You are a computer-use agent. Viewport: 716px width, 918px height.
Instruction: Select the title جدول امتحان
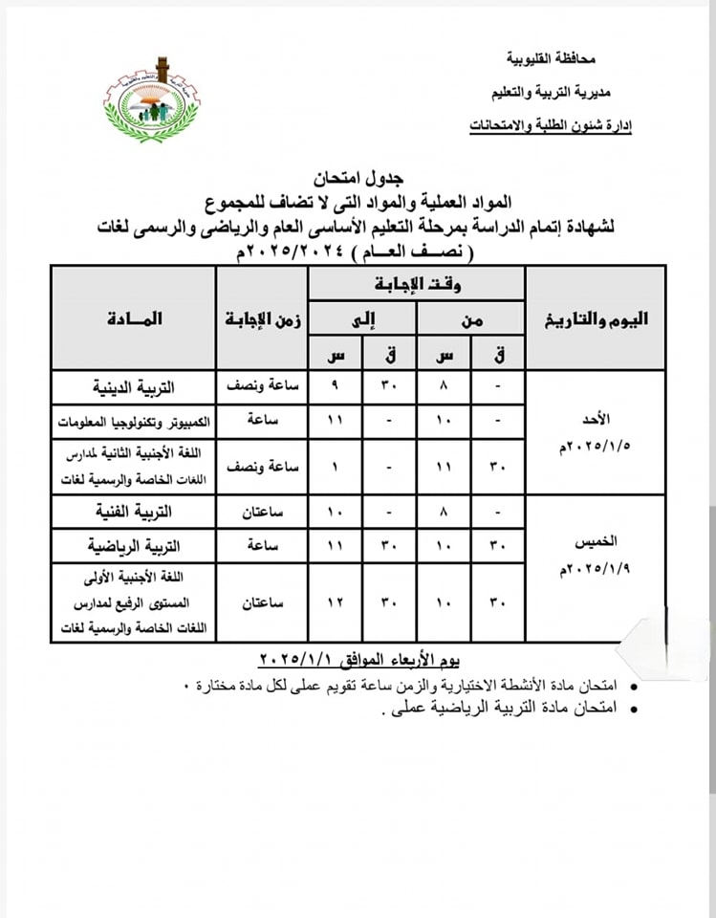coord(358,179)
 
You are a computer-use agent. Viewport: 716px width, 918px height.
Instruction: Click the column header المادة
coord(134,318)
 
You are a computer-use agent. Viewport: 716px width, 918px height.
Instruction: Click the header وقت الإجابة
coord(416,284)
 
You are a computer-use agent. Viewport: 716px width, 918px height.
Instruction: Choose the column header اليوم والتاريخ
coord(596,319)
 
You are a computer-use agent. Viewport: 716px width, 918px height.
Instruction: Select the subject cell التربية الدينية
coord(134,387)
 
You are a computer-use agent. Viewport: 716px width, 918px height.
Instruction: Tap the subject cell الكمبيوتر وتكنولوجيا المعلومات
coord(134,422)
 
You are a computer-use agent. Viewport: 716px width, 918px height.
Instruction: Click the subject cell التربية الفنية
coord(134,512)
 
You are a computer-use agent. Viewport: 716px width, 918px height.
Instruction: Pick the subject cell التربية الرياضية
coord(134,546)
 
